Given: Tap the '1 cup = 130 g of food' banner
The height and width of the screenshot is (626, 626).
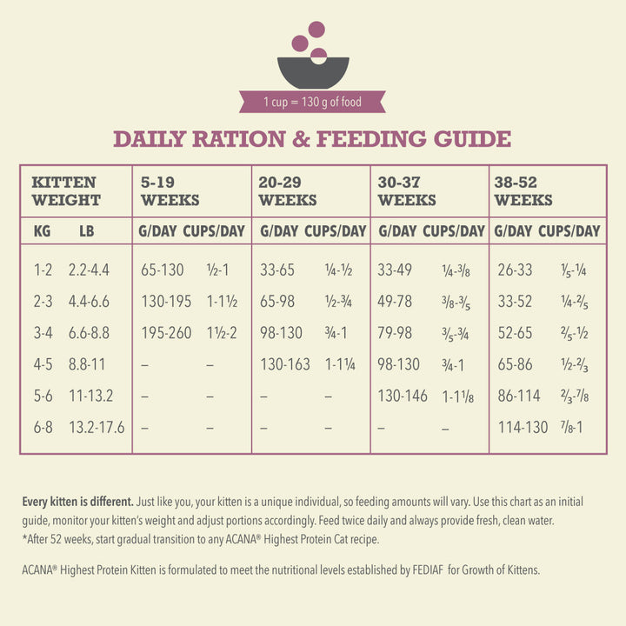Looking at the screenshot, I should pos(312,103).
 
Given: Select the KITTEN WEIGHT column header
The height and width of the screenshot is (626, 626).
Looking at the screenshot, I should pos(66,191).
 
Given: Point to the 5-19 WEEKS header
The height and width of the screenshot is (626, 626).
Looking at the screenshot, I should pos(170,191).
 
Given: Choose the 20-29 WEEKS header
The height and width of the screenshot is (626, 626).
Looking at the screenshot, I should pos(289,191).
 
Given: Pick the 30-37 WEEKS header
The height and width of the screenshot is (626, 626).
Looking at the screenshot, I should pos(407,191).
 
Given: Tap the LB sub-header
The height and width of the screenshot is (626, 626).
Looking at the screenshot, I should pos(86,231).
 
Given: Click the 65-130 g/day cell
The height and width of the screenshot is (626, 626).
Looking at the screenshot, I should pos(163,270).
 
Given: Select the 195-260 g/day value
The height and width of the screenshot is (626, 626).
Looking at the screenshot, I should pos(166,333).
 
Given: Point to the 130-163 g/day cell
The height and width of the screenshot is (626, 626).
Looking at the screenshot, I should pos(284,364).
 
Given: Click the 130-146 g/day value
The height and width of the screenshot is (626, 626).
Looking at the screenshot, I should pos(403,396).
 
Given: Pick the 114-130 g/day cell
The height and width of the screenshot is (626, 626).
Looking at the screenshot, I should pos(523,427).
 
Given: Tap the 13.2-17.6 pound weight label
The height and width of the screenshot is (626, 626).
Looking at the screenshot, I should pos(97,427).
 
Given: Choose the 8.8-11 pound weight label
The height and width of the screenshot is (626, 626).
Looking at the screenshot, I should pos(86,364).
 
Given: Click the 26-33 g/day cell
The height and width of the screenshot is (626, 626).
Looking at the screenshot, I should pos(515,270).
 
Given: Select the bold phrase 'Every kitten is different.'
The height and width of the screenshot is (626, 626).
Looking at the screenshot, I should pos(77,502).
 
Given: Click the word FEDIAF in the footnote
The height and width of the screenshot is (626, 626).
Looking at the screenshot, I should pos(424,570).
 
